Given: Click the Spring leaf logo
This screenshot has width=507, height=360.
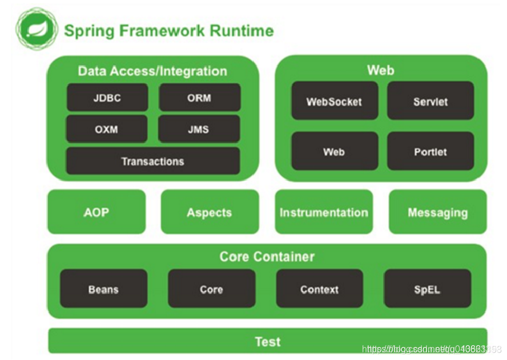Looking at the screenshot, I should (x=35, y=29).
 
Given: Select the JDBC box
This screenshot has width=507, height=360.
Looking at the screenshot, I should (x=107, y=98).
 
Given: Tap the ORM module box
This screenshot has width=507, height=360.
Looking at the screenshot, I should (x=199, y=98).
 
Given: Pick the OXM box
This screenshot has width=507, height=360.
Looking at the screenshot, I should (x=107, y=129).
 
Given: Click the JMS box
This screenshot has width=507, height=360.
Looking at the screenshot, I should (x=199, y=129).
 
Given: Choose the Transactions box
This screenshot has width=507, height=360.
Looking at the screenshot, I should (x=152, y=161).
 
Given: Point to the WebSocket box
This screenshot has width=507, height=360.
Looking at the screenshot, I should (x=334, y=101).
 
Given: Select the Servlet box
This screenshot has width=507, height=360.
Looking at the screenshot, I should (x=430, y=101).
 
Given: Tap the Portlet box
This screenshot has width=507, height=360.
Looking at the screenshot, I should (x=430, y=151).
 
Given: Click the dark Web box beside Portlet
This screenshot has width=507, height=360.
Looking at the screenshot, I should (x=334, y=151).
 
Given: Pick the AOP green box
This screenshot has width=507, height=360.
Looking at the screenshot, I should (x=96, y=212).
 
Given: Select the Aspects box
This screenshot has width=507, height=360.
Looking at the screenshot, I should (x=209, y=212).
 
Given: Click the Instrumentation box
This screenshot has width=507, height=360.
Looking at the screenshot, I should (x=323, y=212).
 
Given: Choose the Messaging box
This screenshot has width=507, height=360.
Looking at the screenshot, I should (x=437, y=212).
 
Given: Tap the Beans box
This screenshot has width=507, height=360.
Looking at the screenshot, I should (x=103, y=289).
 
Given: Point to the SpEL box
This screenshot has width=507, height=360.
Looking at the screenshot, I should (x=427, y=289).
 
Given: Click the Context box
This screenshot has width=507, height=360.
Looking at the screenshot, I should (x=319, y=289).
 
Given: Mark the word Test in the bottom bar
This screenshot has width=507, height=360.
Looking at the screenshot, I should (x=267, y=341).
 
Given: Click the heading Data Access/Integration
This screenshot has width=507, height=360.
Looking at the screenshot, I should (x=152, y=71).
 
